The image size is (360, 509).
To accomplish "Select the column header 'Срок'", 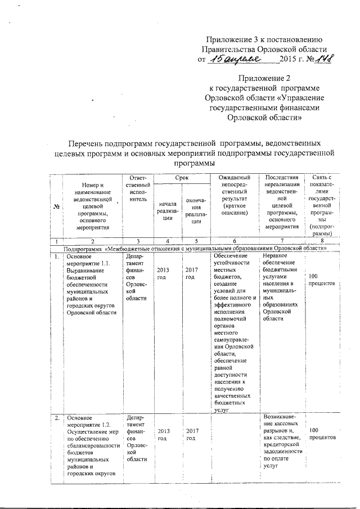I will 181,177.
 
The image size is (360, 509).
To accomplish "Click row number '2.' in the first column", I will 56,418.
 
